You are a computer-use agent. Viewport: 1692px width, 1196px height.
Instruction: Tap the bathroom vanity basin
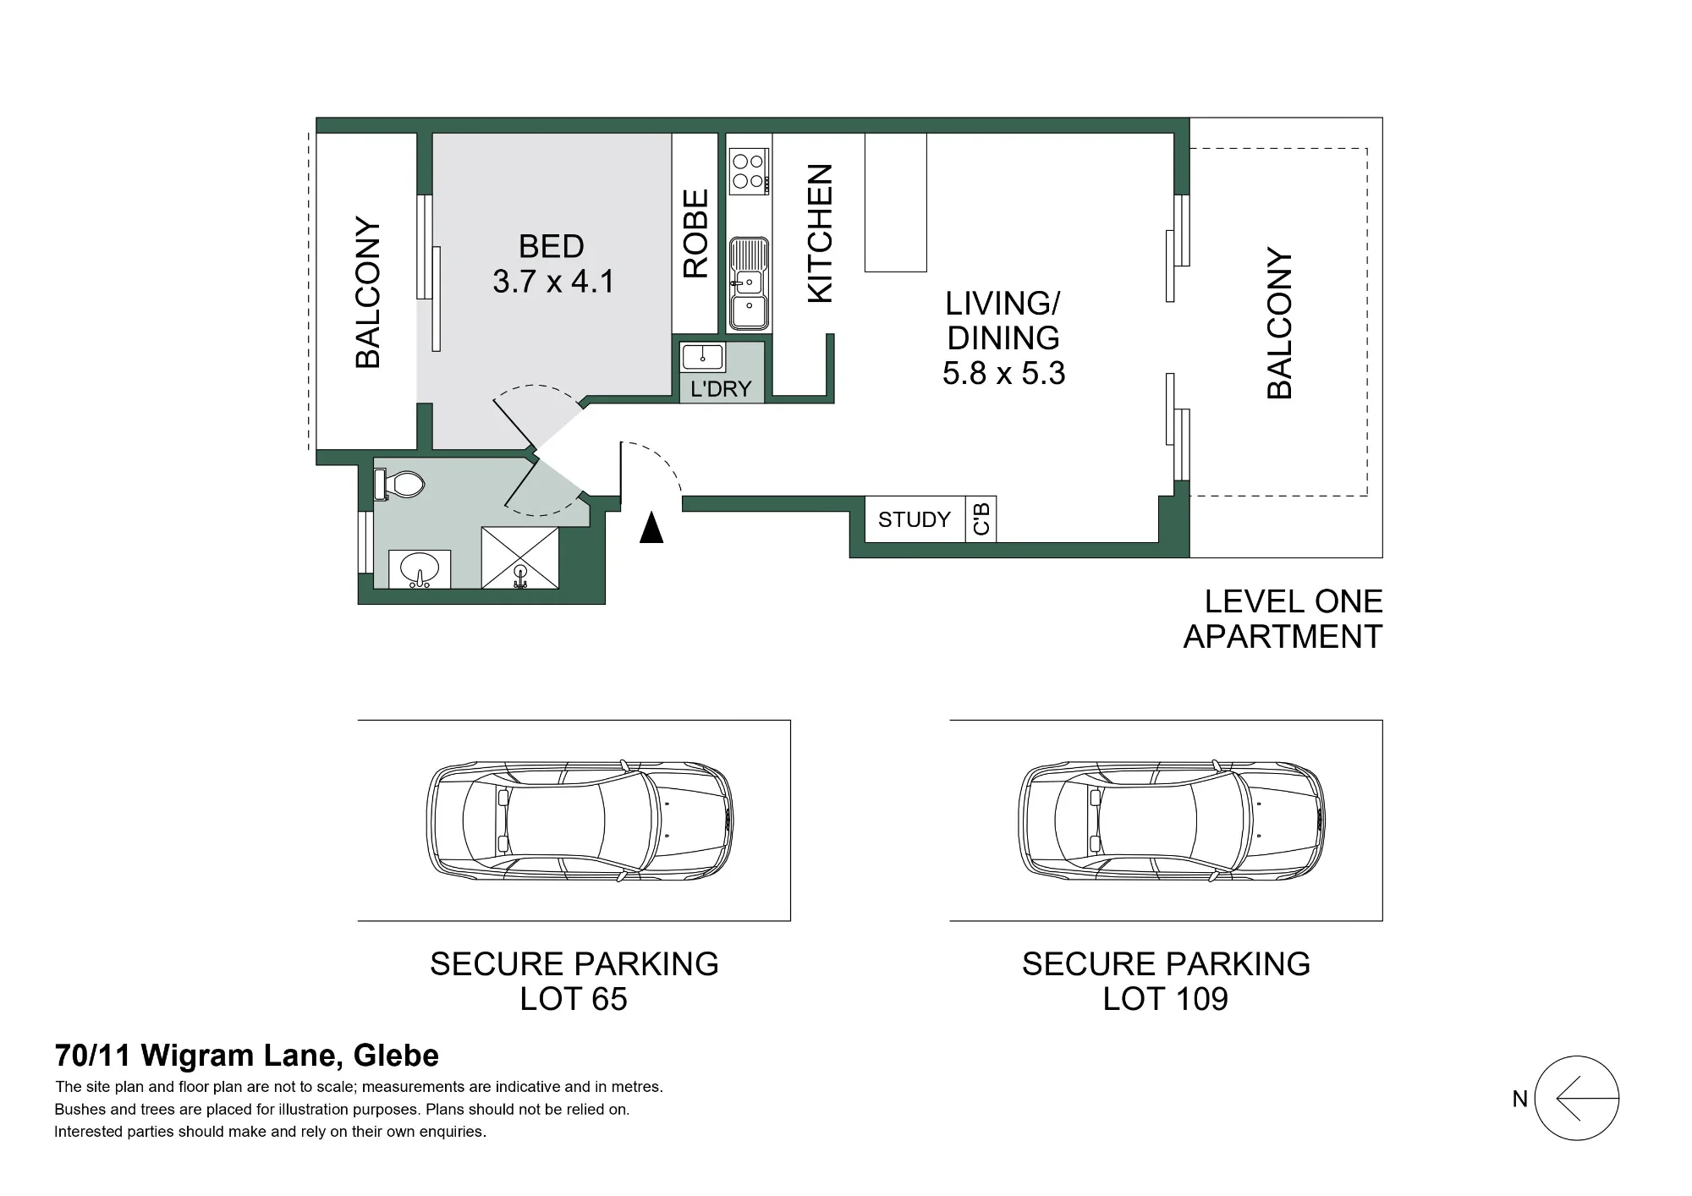coord(420,569)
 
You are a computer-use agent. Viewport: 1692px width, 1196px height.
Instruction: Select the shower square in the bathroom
coord(520,558)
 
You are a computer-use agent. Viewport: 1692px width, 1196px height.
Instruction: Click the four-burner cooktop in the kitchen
coord(749,172)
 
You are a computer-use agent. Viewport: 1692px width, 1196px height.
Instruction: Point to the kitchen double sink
coord(749,283)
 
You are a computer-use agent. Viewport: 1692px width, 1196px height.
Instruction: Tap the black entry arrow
coord(651,527)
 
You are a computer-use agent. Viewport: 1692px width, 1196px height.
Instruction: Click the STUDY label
coord(914,519)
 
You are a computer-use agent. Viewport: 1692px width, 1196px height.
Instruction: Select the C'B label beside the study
coord(981,519)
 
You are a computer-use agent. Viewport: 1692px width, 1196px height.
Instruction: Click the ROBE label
coord(695,233)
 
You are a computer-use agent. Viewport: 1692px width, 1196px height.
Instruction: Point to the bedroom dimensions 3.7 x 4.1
coord(553,282)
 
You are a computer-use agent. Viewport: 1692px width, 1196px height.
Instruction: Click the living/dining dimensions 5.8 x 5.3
coord(1003,373)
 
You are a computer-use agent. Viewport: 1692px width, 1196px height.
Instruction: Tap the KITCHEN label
coord(821,233)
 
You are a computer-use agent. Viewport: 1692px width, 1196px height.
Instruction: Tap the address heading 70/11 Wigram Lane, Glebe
coord(247,1056)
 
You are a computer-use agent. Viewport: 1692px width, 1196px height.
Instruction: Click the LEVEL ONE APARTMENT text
coord(1283,619)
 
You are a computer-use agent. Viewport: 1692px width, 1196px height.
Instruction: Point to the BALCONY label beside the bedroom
coord(368,293)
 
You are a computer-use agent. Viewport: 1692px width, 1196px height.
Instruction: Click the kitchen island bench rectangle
coord(896,202)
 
